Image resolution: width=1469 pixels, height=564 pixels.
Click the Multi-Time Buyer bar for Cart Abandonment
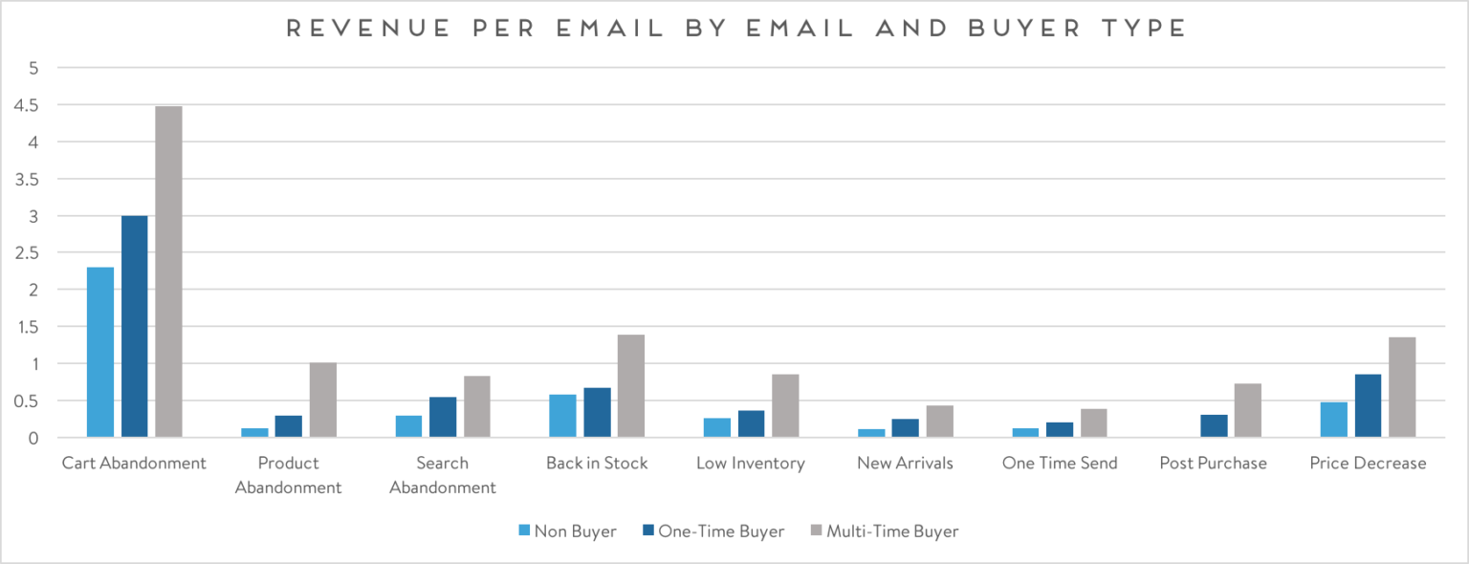point(168,271)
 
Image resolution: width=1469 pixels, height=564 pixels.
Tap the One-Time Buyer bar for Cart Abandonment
point(134,326)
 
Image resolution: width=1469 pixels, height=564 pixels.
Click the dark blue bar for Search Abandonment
point(443,417)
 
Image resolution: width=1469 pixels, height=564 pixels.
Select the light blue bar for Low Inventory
point(717,427)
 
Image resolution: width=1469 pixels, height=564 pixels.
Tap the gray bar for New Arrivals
point(939,422)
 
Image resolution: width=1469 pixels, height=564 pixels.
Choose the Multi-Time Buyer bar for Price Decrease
point(1402,387)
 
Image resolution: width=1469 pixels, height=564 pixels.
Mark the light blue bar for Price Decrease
point(1333,420)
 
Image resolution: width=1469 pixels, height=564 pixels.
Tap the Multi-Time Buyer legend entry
point(883,531)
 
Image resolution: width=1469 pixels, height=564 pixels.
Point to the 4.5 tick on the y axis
point(26,105)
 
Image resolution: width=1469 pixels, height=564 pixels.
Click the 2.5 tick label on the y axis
point(26,253)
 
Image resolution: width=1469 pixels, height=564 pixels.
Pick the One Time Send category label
point(1059,464)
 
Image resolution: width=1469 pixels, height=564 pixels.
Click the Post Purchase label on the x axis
point(1213,464)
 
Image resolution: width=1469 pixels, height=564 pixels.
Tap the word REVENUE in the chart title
point(339,29)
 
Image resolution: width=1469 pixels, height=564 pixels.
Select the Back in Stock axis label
point(597,464)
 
